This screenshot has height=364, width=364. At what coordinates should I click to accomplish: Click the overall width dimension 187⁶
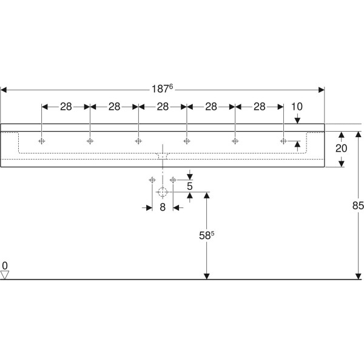click(x=163, y=88)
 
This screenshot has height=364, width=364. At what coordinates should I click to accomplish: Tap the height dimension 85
click(x=357, y=206)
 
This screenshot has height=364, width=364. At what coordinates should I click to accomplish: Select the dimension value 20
click(x=342, y=149)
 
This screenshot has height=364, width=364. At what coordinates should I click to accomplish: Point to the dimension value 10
click(x=297, y=107)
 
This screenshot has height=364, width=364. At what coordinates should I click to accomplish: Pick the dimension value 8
click(x=162, y=207)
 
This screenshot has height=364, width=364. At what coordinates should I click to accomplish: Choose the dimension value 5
click(x=189, y=186)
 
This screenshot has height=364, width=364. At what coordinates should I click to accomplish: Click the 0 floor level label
click(x=5, y=266)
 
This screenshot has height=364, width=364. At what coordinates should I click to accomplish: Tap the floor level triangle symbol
click(x=5, y=275)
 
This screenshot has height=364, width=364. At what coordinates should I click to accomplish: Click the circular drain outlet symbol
click(x=162, y=194)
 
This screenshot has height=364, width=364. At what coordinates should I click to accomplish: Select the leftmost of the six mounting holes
click(x=42, y=141)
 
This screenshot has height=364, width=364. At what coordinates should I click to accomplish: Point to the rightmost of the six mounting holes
click(x=283, y=141)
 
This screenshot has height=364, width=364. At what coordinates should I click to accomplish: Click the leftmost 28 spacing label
click(x=66, y=107)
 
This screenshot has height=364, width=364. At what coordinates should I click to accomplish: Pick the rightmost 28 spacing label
click(x=259, y=107)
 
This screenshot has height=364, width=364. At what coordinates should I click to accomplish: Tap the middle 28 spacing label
click(x=163, y=107)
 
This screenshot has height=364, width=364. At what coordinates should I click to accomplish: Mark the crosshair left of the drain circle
click(x=151, y=180)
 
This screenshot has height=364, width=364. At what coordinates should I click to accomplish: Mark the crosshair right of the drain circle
click(x=173, y=180)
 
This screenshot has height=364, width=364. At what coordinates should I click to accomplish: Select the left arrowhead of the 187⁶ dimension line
click(x=4, y=89)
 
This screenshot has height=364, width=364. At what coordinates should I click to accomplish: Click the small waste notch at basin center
click(x=162, y=156)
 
